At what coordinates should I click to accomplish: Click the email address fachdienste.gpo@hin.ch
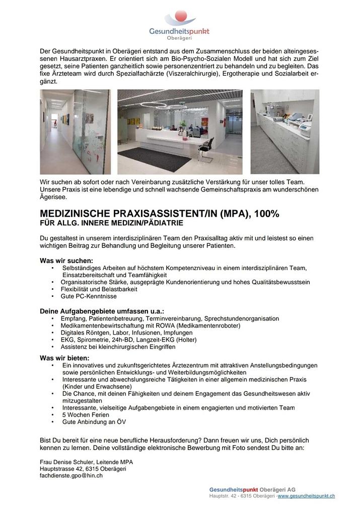point(71,475)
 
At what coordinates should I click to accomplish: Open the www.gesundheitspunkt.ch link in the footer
point(306,496)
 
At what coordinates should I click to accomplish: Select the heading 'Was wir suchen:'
point(66,261)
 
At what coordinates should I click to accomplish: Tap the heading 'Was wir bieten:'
point(64,358)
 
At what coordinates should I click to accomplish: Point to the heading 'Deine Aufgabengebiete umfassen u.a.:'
point(102,311)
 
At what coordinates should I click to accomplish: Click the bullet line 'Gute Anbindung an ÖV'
point(94,422)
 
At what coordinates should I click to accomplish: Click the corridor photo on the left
point(75,132)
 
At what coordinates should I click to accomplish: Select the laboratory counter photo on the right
point(284,132)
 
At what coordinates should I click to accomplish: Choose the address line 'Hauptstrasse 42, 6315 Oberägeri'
point(83,469)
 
